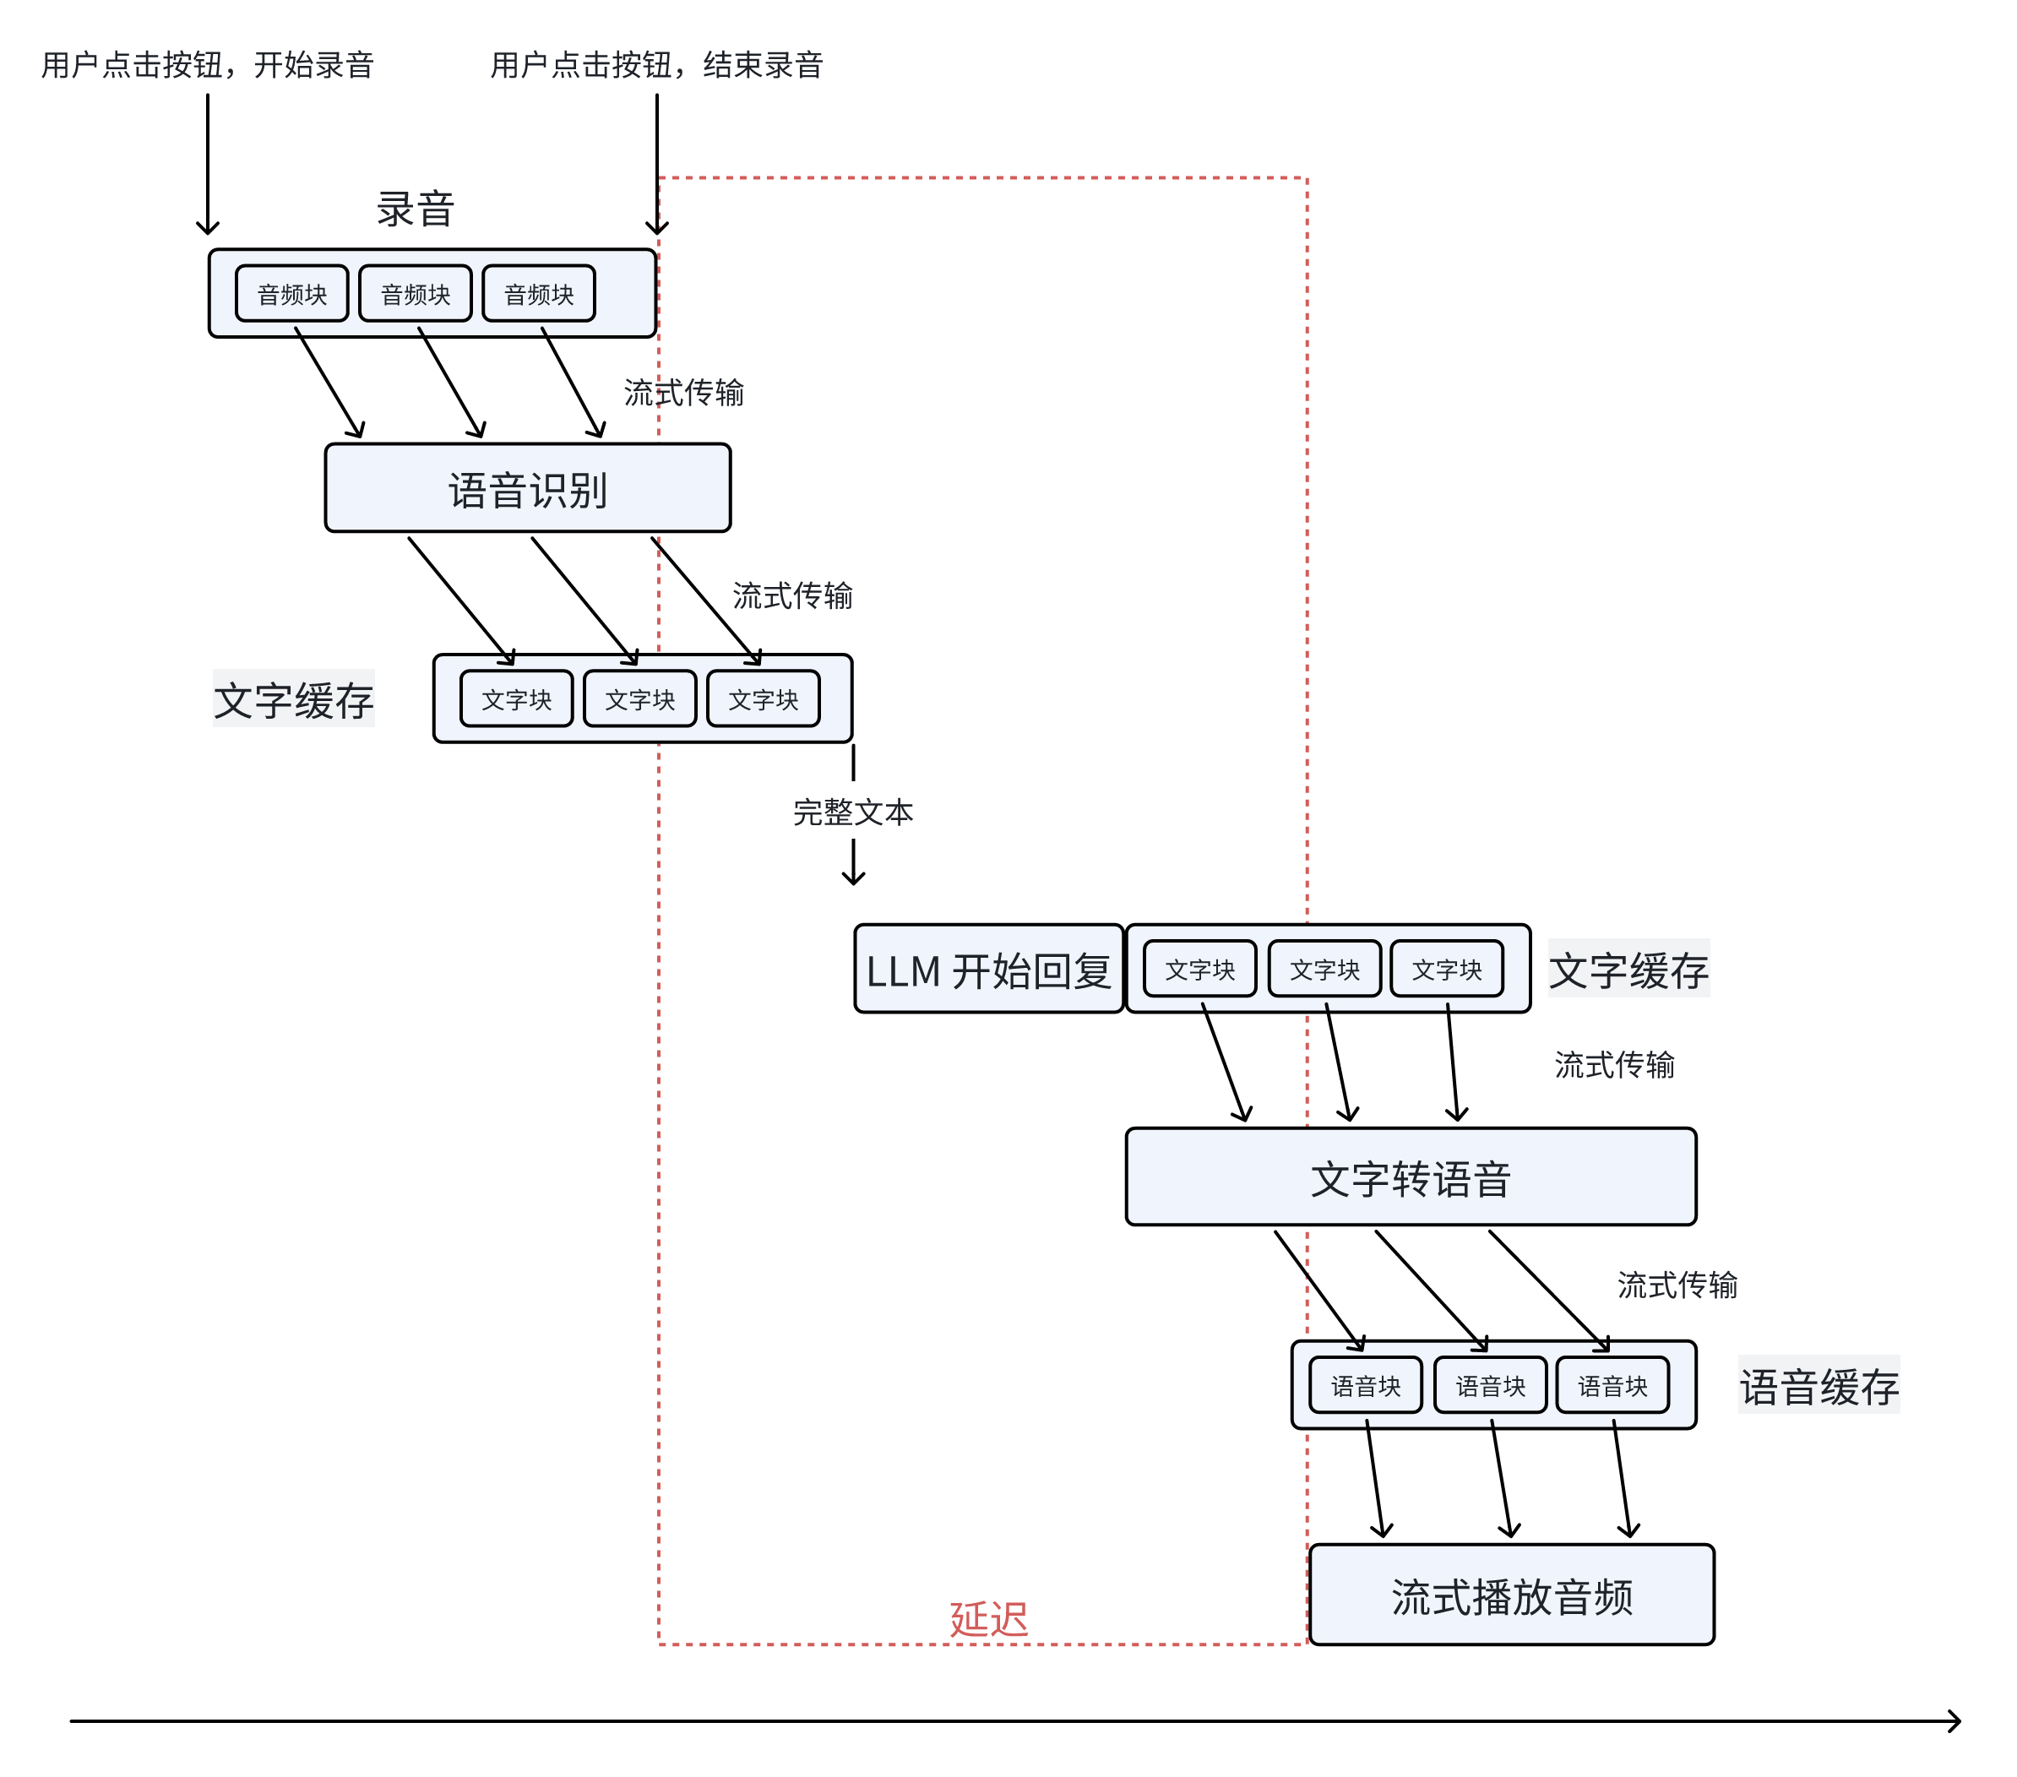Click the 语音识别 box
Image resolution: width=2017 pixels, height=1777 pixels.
pyautogui.click(x=527, y=488)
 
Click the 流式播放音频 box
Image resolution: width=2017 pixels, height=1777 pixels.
pyautogui.click(x=1511, y=1595)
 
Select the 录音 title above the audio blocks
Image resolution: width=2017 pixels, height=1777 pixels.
pyautogui.click(x=415, y=209)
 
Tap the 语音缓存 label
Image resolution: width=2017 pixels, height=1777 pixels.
pyautogui.click(x=1818, y=1385)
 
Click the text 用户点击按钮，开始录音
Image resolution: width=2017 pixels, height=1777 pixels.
pyautogui.click(x=207, y=65)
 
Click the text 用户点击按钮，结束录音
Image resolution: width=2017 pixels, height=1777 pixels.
pyautogui.click(x=656, y=65)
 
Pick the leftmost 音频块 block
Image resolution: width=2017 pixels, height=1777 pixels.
pyautogui.click(x=292, y=294)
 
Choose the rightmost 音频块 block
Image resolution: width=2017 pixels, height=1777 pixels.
pyautogui.click(x=539, y=294)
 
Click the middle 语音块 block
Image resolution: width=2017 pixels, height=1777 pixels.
pyautogui.click(x=1490, y=1385)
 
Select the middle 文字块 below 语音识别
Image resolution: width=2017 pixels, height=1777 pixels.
pyautogui.click(x=639, y=699)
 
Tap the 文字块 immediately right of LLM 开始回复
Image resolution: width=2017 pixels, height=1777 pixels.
pyautogui.click(x=1200, y=969)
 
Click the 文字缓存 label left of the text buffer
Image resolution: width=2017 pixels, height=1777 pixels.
pyautogui.click(x=293, y=699)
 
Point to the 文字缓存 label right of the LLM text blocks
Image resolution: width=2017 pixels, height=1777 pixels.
pyautogui.click(x=1628, y=969)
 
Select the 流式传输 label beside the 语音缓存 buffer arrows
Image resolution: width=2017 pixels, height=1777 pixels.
pyautogui.click(x=1677, y=1284)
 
